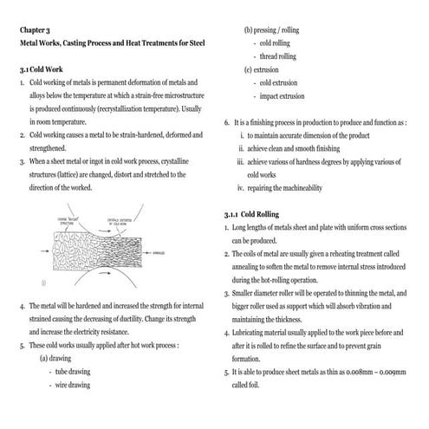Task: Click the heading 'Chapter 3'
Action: point(36,29)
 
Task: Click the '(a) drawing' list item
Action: point(56,358)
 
